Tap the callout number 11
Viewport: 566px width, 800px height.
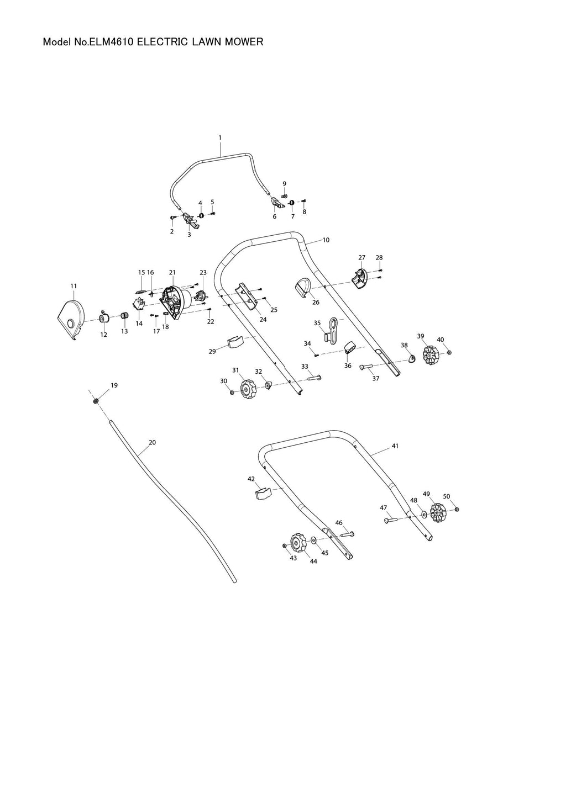pos(74,286)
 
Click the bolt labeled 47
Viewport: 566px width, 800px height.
pos(390,520)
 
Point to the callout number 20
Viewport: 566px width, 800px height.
pos(153,442)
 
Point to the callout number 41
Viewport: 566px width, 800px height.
pos(395,446)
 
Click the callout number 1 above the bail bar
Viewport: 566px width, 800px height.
pos(219,137)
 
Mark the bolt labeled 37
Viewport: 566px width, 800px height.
pos(366,367)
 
